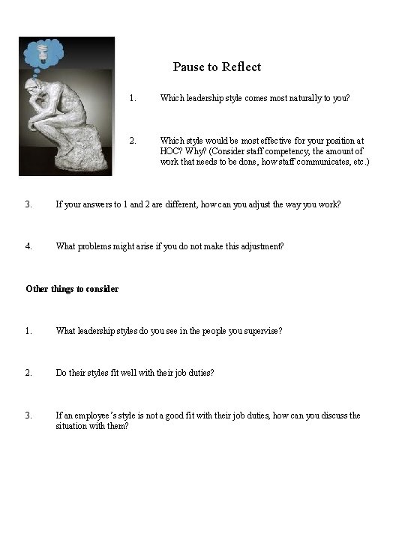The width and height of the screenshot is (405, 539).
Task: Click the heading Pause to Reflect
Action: [217, 67]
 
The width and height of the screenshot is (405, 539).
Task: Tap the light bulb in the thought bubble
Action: [43, 54]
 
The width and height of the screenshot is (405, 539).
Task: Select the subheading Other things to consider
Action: [72, 288]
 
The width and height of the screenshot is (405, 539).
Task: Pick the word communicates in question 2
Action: [311, 162]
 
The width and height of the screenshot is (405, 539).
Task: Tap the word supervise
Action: [262, 330]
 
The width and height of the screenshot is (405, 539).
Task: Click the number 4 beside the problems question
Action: [28, 245]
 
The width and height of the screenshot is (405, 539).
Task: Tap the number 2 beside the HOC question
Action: [132, 140]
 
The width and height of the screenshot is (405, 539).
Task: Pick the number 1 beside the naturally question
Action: [132, 97]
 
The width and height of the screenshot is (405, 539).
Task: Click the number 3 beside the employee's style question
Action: [28, 415]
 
